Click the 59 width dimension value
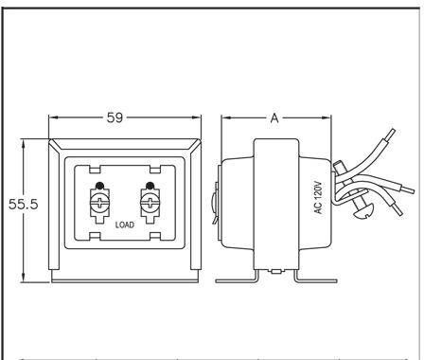115,117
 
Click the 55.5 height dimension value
23,204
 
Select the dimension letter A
274,118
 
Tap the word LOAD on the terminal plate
125,225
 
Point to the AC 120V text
319,197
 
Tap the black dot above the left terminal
99,186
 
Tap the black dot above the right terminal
150,186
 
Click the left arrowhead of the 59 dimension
54,117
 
